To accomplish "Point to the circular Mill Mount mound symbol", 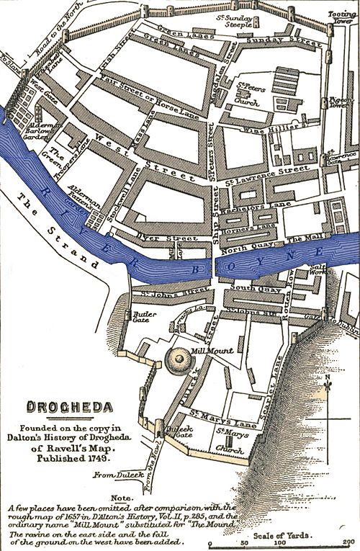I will click(176, 359).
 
